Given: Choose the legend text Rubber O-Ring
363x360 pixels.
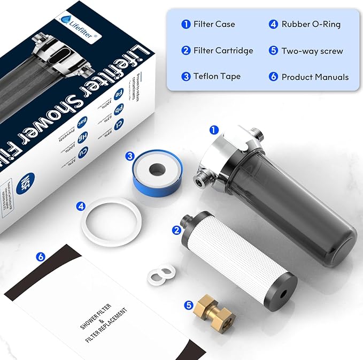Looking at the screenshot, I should (311, 24).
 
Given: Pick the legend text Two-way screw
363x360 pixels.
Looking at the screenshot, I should (312, 50).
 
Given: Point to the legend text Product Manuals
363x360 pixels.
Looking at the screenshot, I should (315, 76).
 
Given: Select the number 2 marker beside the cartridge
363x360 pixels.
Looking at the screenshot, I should (176, 231).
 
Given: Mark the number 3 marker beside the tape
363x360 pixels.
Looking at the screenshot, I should (130, 156).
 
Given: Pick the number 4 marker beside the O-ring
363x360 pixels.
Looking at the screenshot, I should (81, 205).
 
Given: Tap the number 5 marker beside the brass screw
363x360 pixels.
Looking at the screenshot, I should (188, 305).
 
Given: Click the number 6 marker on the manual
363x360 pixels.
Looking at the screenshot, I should (41, 257).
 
